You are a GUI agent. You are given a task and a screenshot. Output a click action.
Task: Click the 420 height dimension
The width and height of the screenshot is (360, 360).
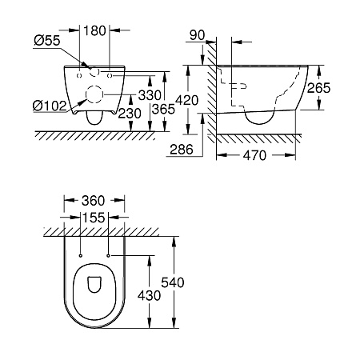(x=186, y=101)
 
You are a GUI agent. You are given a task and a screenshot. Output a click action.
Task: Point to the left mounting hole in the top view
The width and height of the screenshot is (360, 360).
(x=82, y=254)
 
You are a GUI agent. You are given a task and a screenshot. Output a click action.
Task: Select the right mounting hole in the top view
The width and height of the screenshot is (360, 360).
(x=107, y=254)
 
